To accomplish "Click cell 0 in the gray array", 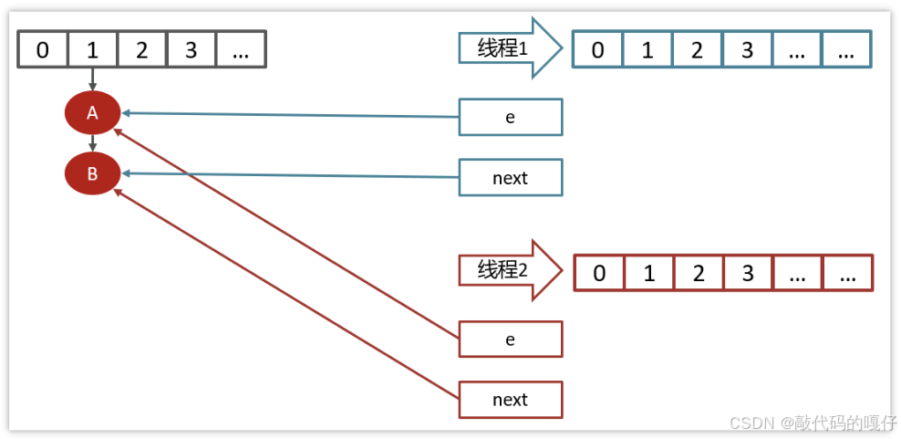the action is [x=43, y=50].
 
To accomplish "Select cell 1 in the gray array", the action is [x=92, y=50].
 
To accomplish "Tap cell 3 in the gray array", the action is [x=192, y=50].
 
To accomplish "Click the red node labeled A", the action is [x=92, y=113].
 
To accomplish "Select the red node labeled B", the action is [x=92, y=173].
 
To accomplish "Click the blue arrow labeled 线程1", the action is [x=510, y=47].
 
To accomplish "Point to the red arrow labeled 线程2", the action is [x=510, y=270].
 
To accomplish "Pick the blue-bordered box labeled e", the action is [x=511, y=117].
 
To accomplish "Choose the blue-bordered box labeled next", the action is [x=511, y=178].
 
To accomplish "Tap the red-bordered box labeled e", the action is [x=511, y=339].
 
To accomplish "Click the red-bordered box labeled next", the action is [x=511, y=400].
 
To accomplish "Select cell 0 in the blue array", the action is [x=597, y=50].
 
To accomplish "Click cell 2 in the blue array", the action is [x=697, y=50].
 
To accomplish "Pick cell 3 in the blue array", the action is [x=747, y=50].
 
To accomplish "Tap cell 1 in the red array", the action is [x=648, y=273].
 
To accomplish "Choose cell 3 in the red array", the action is [x=748, y=273].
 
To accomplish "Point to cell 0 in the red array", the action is [x=599, y=273].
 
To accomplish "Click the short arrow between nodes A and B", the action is [x=92, y=143].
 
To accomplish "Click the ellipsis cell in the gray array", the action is [x=241, y=50].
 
